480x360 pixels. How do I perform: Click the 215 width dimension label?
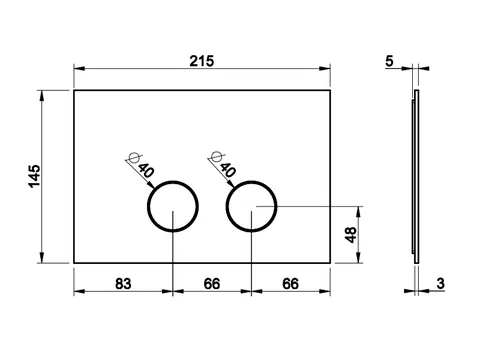[x=202, y=61]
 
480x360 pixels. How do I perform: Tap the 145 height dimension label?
[x=34, y=176]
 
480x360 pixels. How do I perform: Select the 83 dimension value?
[x=123, y=284]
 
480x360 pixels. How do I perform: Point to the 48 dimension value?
[x=351, y=235]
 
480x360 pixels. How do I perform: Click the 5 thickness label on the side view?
[x=389, y=61]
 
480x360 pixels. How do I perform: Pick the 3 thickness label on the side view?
[x=441, y=284]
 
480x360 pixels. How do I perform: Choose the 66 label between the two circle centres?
[x=212, y=284]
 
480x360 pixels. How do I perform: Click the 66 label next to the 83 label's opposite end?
[x=291, y=284]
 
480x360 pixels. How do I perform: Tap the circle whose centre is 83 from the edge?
[x=148, y=206]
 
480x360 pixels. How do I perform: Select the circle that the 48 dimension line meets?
[x=227, y=206]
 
